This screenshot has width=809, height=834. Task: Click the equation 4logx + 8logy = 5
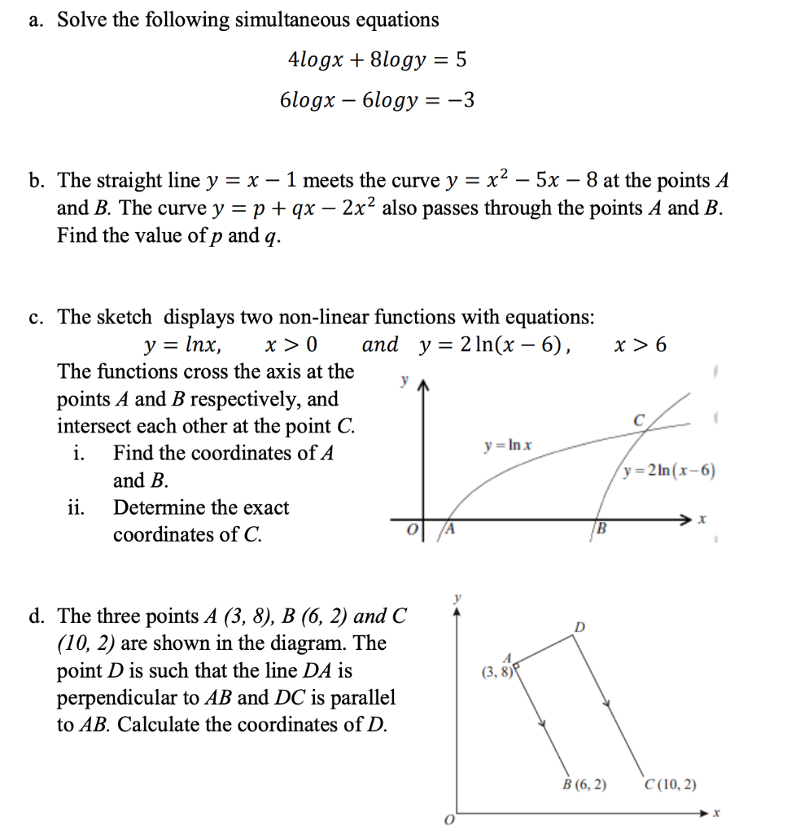tap(378, 59)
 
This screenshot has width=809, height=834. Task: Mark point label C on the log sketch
tap(640, 420)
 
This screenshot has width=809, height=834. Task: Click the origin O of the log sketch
tap(411, 531)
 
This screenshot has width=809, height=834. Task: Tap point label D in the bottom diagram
tap(579, 626)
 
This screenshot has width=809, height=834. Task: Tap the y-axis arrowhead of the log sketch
tap(422, 387)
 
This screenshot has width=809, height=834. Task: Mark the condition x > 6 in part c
tap(641, 345)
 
